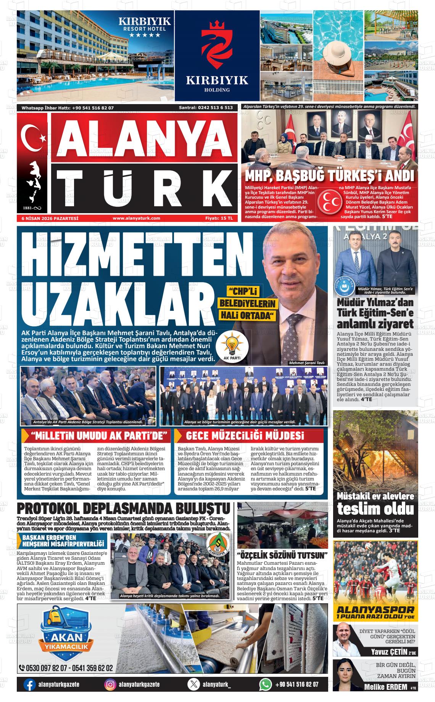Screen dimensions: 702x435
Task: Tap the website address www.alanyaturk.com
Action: [x=136, y=218]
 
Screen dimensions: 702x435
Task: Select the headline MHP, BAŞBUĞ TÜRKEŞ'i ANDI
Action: [x=329, y=177]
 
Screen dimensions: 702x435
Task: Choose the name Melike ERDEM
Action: [x=385, y=688]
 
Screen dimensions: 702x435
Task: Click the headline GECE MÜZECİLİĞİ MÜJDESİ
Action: [x=245, y=436]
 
